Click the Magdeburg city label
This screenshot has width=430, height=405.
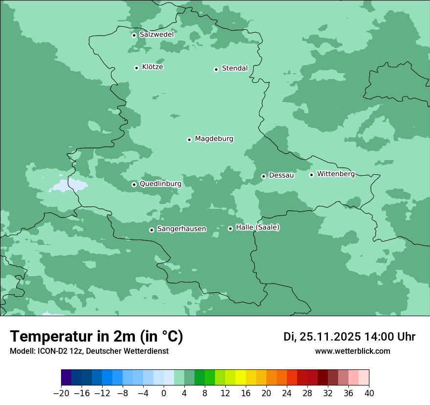tap(214, 139)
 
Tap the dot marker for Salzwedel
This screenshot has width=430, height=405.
tap(134, 35)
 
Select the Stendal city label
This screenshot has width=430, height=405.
tap(235, 68)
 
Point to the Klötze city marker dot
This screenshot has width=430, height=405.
tap(136, 68)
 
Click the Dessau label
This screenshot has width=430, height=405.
tap(281, 175)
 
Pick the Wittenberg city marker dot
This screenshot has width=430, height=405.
tap(311, 175)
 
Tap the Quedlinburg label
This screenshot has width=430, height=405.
tap(160, 184)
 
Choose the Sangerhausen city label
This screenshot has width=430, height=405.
tap(181, 229)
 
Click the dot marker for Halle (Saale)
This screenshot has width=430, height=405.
tap(230, 228)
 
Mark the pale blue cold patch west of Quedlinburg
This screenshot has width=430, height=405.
tap(68, 185)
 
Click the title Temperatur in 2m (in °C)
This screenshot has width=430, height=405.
tap(97, 337)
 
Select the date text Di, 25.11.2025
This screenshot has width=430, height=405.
tap(322, 337)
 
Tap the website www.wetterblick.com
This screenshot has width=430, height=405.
tap(352, 351)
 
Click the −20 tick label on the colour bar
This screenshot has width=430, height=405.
tap(61, 393)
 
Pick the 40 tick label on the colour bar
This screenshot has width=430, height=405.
tap(369, 393)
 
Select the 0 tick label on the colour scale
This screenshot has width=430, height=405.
tap(164, 393)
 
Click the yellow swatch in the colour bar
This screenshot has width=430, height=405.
tap(240, 378)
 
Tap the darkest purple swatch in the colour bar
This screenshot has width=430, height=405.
tap(66, 378)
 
